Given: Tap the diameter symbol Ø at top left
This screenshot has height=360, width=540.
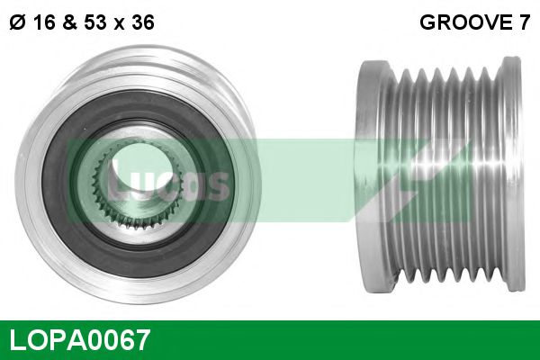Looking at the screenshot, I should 16,24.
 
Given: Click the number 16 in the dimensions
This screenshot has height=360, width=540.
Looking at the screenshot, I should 41,24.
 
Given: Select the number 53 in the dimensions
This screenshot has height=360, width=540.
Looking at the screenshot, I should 93,24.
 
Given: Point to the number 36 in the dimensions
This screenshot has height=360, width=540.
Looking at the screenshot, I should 139,24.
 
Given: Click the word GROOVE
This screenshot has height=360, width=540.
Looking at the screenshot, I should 463,24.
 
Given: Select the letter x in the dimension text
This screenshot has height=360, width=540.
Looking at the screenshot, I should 117,24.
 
